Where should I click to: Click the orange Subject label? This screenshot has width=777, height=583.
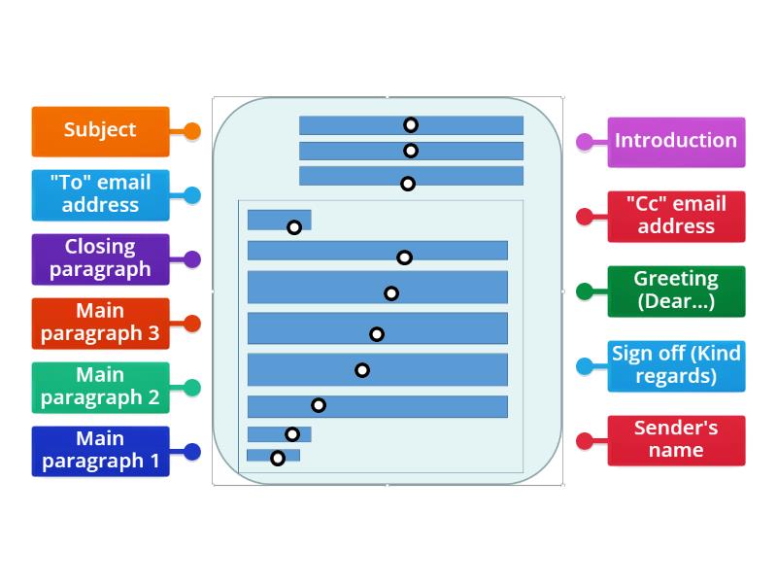pyautogui.click(x=100, y=130)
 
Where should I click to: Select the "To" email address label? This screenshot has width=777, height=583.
pyautogui.click(x=100, y=194)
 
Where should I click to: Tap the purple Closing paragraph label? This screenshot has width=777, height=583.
pyautogui.click(x=100, y=258)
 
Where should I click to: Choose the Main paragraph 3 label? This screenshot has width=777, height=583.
pyautogui.click(x=100, y=323)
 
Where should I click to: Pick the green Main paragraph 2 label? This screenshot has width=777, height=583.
pyautogui.click(x=100, y=387)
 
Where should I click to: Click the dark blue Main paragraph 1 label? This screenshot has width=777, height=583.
pyautogui.click(x=100, y=451)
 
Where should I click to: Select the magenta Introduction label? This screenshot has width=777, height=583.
pyautogui.click(x=676, y=142)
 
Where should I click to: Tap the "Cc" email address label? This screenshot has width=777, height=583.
pyautogui.click(x=676, y=216)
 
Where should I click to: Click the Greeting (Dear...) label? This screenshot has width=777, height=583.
pyautogui.click(x=676, y=291)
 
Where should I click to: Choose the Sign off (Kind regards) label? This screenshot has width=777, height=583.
pyautogui.click(x=676, y=365)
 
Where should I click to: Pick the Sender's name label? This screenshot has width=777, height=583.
pyautogui.click(x=676, y=440)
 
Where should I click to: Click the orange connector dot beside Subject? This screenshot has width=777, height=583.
pyautogui.click(x=192, y=131)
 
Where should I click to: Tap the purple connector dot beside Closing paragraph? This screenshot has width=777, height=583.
pyautogui.click(x=192, y=259)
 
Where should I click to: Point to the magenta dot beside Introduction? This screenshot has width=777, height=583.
pyautogui.click(x=585, y=142)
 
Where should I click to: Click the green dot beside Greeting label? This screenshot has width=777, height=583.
pyautogui.click(x=585, y=291)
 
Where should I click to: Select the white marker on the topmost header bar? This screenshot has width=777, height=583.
pyautogui.click(x=411, y=125)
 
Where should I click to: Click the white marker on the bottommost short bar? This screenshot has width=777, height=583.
pyautogui.click(x=278, y=459)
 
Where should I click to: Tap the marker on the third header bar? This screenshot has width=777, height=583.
pyautogui.click(x=408, y=184)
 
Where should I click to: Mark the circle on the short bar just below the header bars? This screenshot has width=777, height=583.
pyautogui.click(x=294, y=227)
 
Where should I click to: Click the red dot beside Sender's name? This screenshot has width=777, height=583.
pyautogui.click(x=585, y=441)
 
